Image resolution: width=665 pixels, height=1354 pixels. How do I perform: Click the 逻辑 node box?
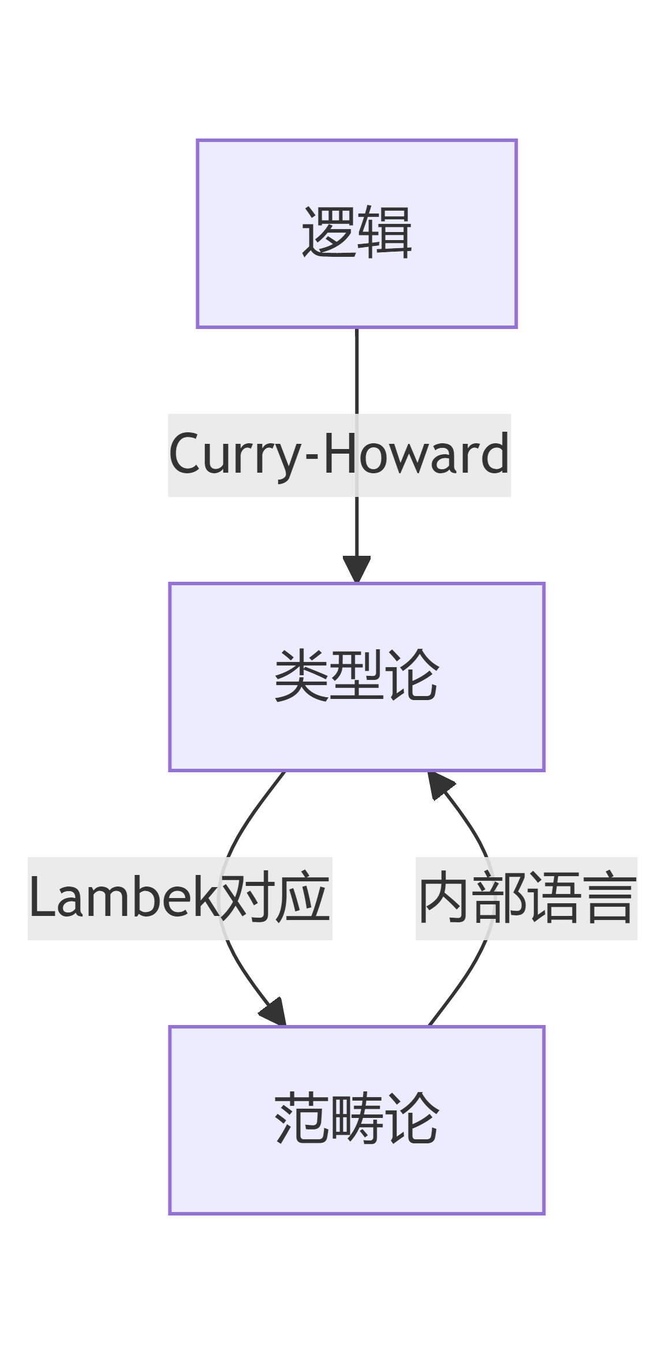pyautogui.click(x=356, y=233)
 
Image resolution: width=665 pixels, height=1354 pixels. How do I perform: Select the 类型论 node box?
pyautogui.click(x=356, y=676)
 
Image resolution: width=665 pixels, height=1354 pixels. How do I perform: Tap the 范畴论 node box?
pyautogui.click(x=356, y=1120)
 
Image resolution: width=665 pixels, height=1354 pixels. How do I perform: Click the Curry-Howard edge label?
pyautogui.click(x=339, y=455)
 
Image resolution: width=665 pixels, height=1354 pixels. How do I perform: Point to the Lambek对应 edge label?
pyautogui.click(x=180, y=898)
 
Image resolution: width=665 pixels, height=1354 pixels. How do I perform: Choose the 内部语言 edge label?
pyautogui.click(x=526, y=898)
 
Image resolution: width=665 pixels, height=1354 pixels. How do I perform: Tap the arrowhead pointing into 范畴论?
pyautogui.click(x=274, y=1012)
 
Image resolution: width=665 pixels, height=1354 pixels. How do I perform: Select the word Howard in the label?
pyautogui.click(x=416, y=455)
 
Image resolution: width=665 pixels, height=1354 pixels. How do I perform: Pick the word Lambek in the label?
pyautogui.click(x=122, y=898)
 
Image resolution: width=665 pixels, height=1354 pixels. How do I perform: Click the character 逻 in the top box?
pyautogui.click(x=328, y=233)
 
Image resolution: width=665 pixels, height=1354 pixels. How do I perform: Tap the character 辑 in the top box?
pyautogui.click(x=384, y=233)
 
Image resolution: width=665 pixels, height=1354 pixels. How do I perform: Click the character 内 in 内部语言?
pyautogui.click(x=443, y=898)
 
